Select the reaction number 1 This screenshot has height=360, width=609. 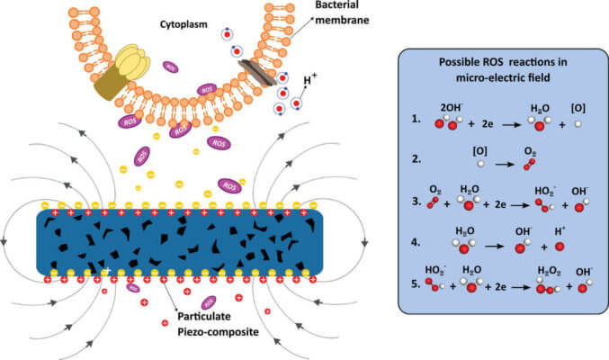415,118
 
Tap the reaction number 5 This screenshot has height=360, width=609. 415,285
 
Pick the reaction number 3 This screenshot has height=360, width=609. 415,202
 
